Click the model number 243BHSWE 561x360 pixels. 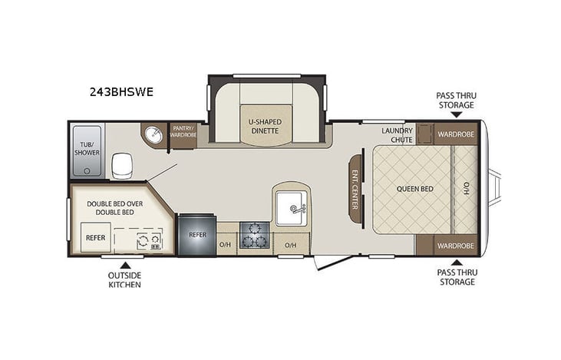point(121,92)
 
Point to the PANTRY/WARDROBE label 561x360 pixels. point(183,132)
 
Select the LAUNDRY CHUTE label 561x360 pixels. point(397,134)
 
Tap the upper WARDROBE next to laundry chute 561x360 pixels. point(456,134)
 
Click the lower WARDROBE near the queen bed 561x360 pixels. point(456,246)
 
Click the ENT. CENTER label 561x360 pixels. point(355,189)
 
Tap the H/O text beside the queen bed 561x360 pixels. point(466,189)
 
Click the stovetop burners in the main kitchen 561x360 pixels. point(252,235)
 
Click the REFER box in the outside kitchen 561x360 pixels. point(95,238)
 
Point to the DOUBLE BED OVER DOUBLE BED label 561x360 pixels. point(116,206)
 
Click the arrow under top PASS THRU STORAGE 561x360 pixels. point(456,114)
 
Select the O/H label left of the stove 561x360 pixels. point(225,245)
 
